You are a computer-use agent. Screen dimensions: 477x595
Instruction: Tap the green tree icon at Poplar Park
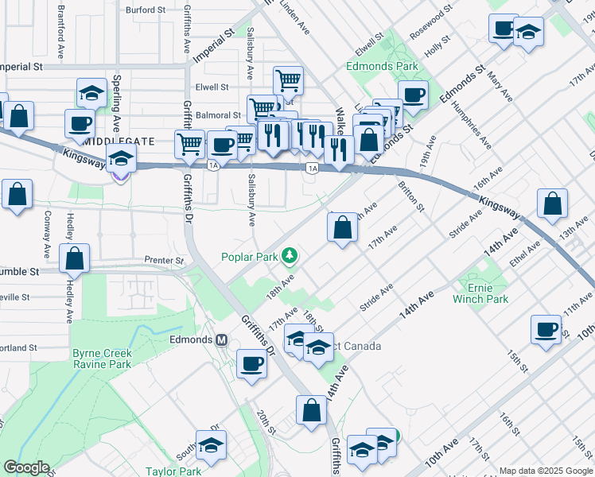click(292, 255)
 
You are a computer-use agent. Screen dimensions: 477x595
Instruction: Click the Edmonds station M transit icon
click(222, 339)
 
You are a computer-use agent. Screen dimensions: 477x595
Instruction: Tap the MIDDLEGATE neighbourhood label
click(119, 142)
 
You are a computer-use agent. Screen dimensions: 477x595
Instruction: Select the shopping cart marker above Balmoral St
click(287, 79)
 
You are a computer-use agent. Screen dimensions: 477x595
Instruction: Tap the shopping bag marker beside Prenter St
click(74, 258)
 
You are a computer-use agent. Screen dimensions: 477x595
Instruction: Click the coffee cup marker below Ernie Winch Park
click(546, 329)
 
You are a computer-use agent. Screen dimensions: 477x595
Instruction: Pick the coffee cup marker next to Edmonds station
click(252, 364)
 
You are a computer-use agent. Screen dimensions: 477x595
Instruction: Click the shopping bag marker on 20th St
click(312, 411)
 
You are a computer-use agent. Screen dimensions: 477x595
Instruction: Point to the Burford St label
click(146, 11)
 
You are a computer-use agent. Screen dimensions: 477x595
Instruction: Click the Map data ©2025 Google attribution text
click(546, 471)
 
